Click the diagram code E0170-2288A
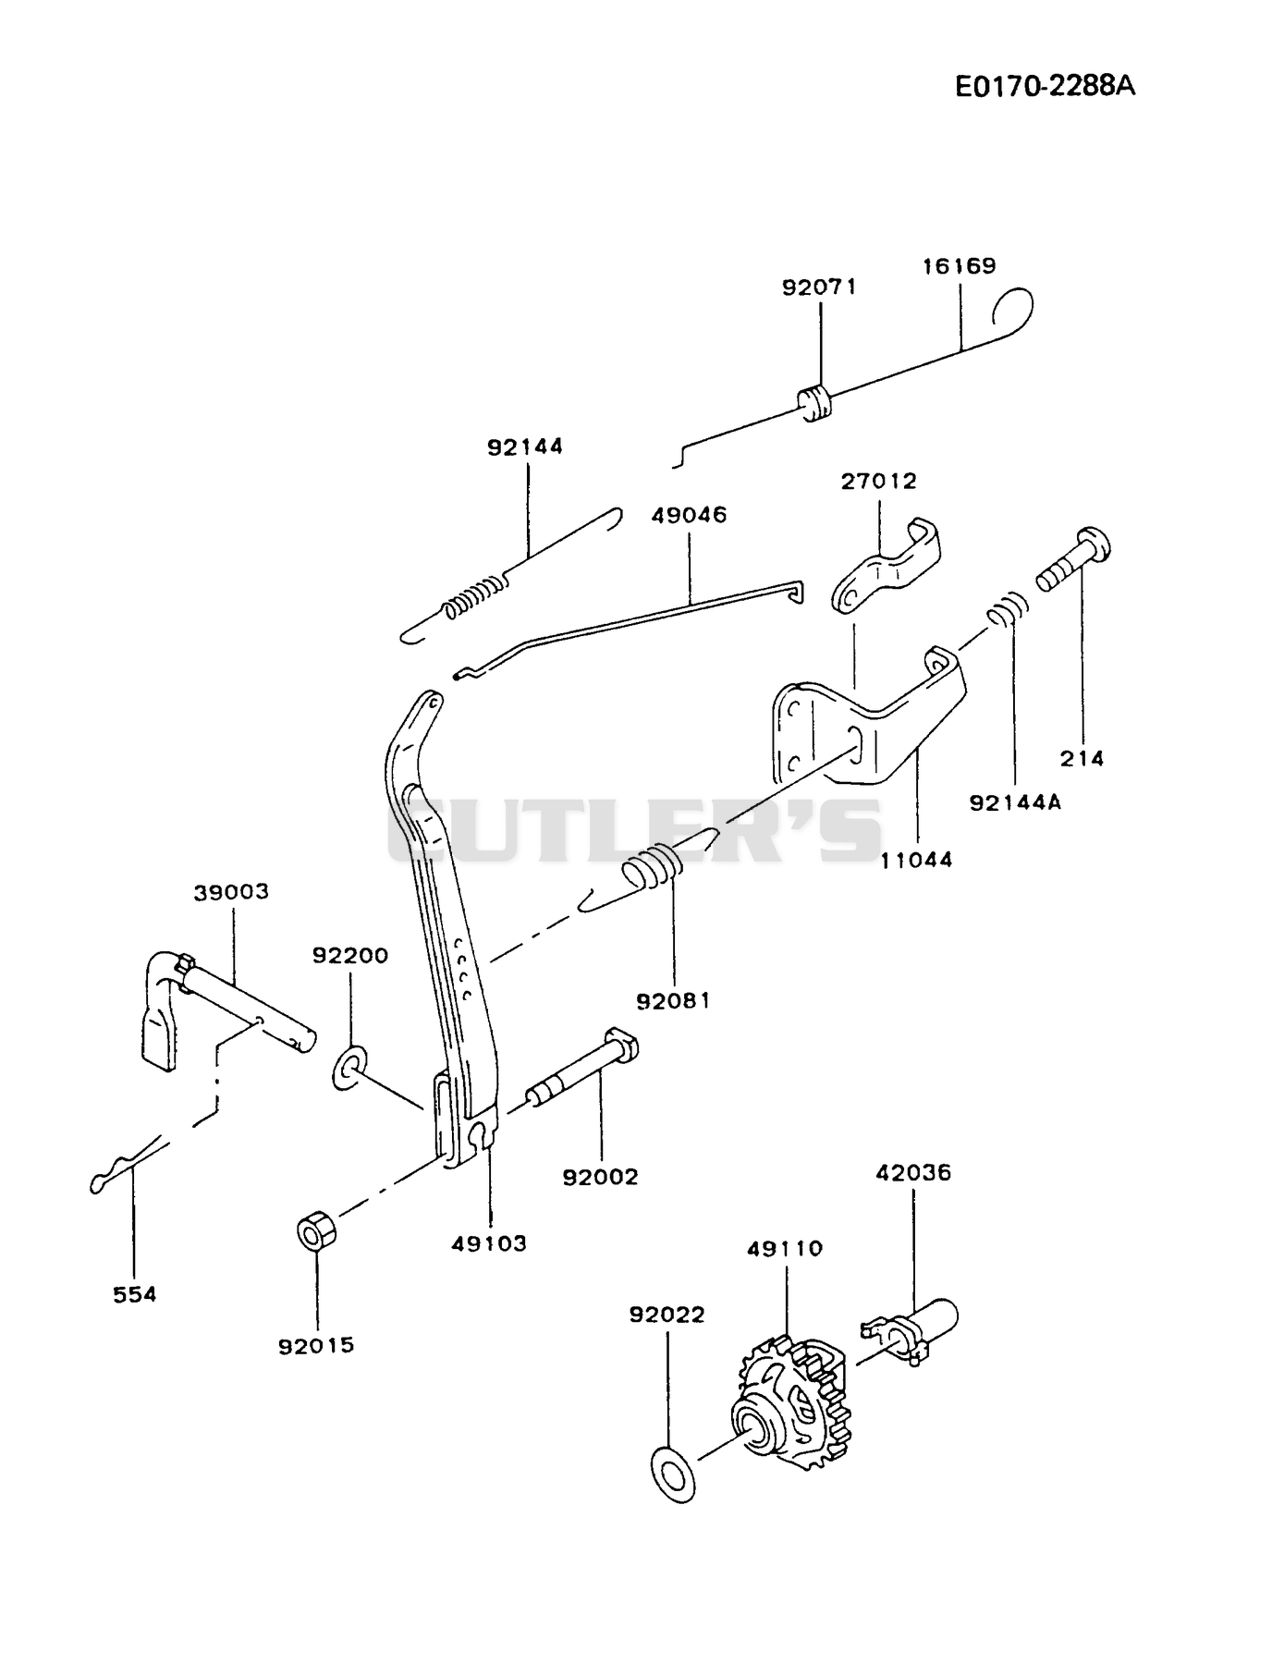1045,86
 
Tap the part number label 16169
959,266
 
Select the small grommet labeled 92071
814,403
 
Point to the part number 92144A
1015,802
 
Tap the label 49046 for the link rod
689,514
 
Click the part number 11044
916,860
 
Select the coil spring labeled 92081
653,871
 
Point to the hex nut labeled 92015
316,1234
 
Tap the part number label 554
135,1295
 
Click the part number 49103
489,1243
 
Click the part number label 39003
231,892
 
